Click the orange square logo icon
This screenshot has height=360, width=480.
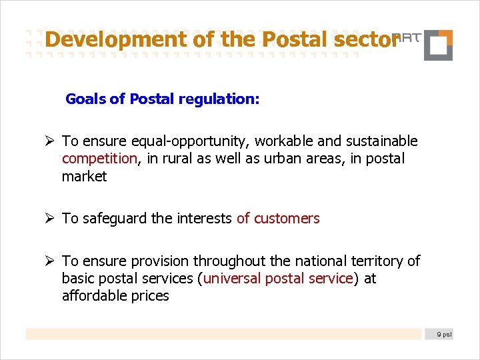click(438, 45)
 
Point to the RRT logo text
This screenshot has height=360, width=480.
click(406, 37)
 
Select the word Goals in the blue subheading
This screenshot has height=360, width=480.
click(86, 99)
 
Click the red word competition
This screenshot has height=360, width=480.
click(99, 159)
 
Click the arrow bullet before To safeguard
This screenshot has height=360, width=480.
click(50, 218)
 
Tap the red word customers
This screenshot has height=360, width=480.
click(287, 218)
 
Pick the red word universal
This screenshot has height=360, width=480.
click(233, 278)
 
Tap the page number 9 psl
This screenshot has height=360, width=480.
click(442, 334)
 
